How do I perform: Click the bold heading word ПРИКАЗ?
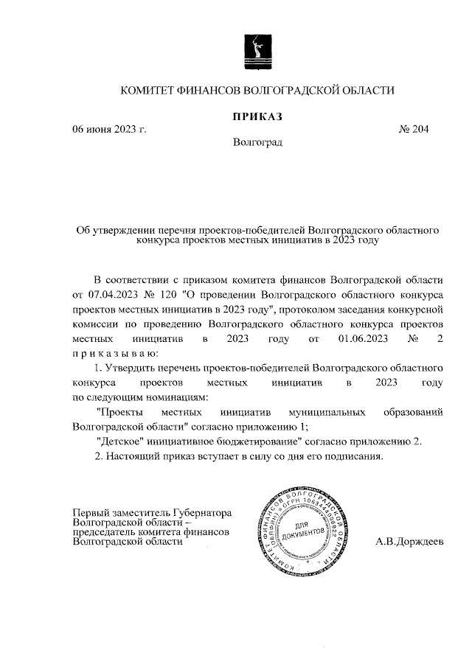pyautogui.click(x=258, y=116)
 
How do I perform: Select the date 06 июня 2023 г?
pyautogui.click(x=109, y=130)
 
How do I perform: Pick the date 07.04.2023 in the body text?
pyautogui.click(x=113, y=295)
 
